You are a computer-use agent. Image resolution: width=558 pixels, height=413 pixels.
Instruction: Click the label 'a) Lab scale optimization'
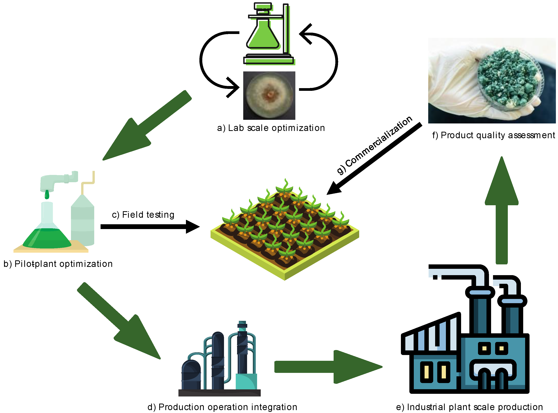coord(271,128)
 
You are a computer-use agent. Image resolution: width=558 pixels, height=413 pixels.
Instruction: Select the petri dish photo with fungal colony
coord(269,95)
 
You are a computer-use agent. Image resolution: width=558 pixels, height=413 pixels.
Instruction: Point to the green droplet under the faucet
coord(47,194)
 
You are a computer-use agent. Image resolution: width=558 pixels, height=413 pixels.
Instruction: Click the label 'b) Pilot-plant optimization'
coord(58,264)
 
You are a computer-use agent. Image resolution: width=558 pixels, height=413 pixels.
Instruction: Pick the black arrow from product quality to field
coord(376,159)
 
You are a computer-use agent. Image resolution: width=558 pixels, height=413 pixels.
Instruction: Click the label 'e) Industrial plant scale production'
coord(469,407)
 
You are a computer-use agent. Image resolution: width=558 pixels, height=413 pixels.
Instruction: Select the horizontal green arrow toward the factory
coord(328,367)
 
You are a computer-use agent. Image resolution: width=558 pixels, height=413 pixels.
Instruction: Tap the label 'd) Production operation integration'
coord(222,407)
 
